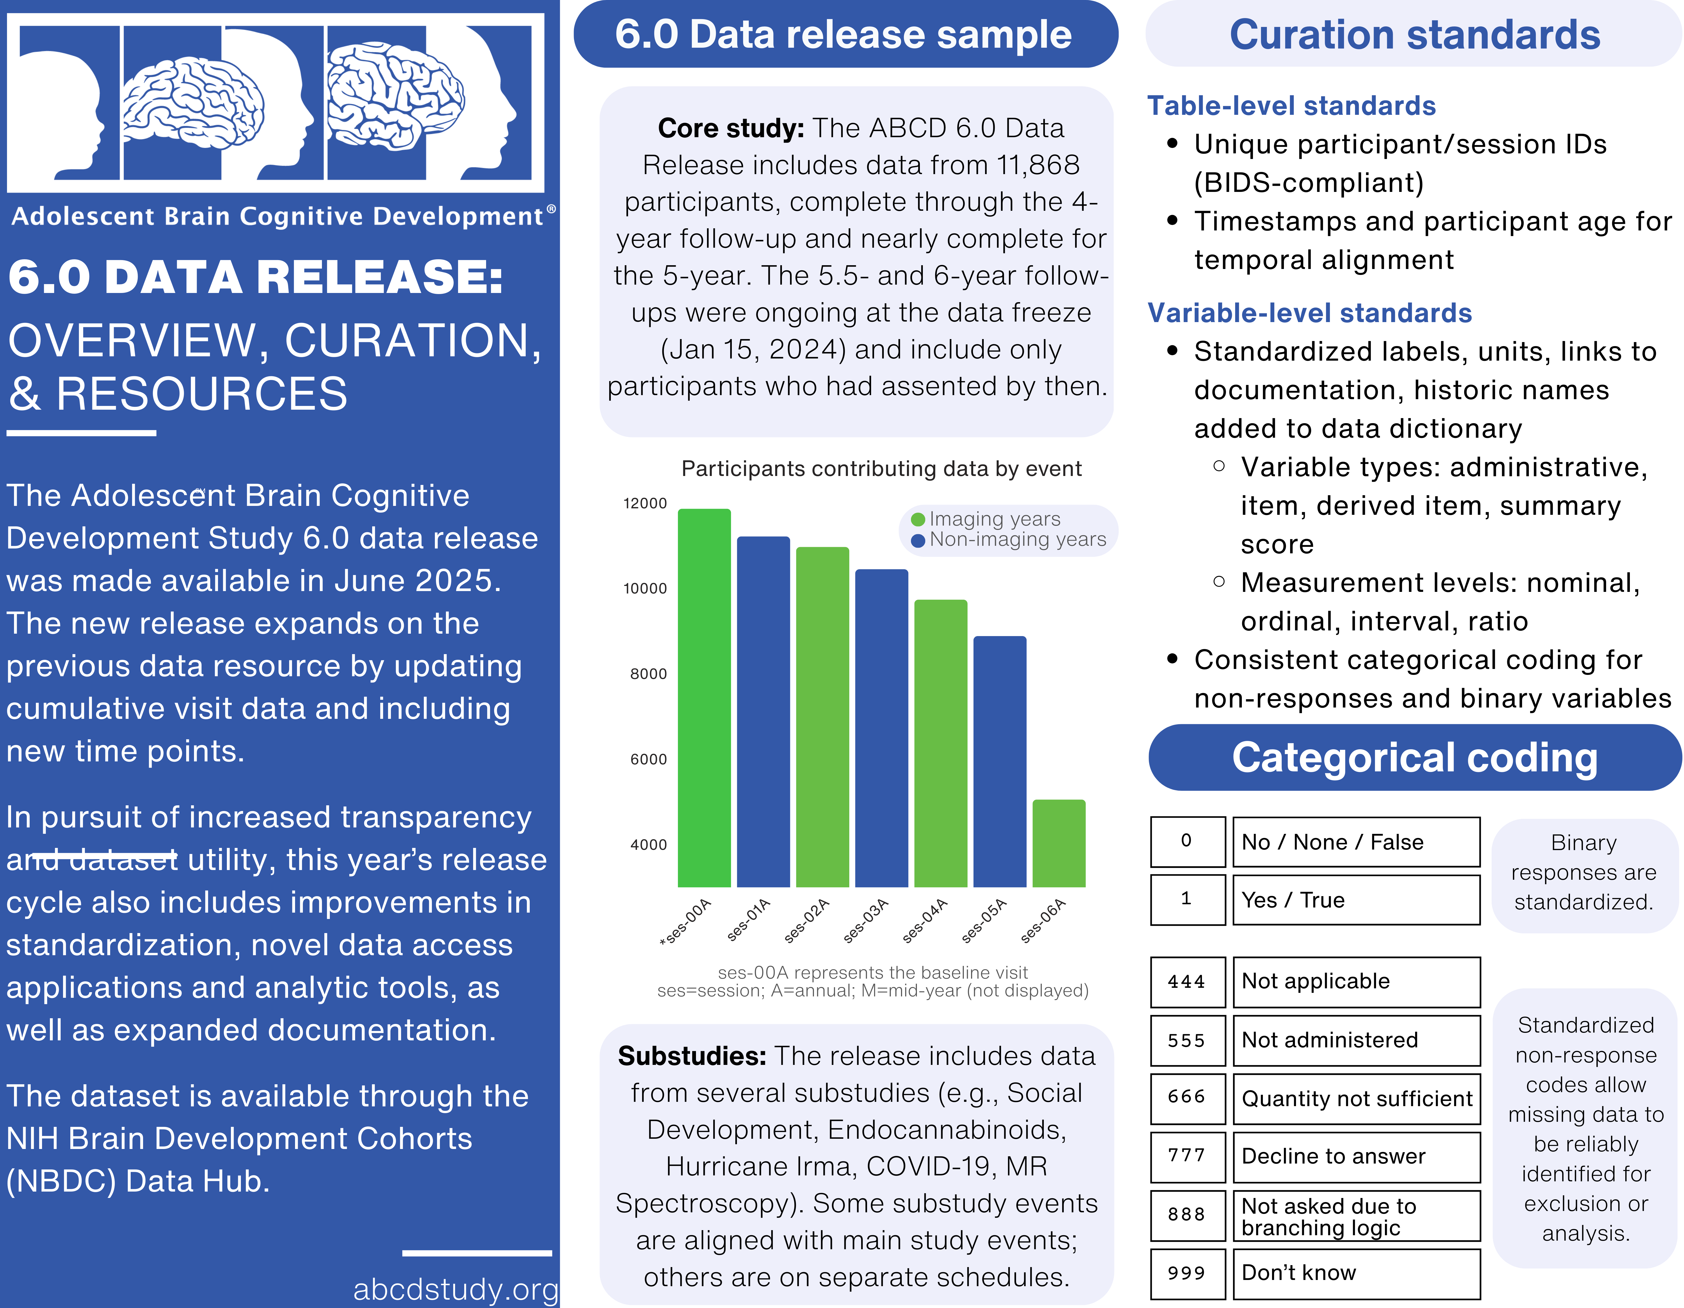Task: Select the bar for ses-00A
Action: click(704, 698)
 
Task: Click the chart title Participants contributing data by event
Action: click(881, 469)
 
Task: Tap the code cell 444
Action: click(1187, 982)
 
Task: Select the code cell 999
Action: click(1187, 1273)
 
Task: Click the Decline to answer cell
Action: click(1356, 1156)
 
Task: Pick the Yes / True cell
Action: click(1356, 900)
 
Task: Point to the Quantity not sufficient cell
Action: click(1356, 1098)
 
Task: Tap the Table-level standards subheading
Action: click(1291, 106)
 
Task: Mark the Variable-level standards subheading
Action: click(1309, 313)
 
